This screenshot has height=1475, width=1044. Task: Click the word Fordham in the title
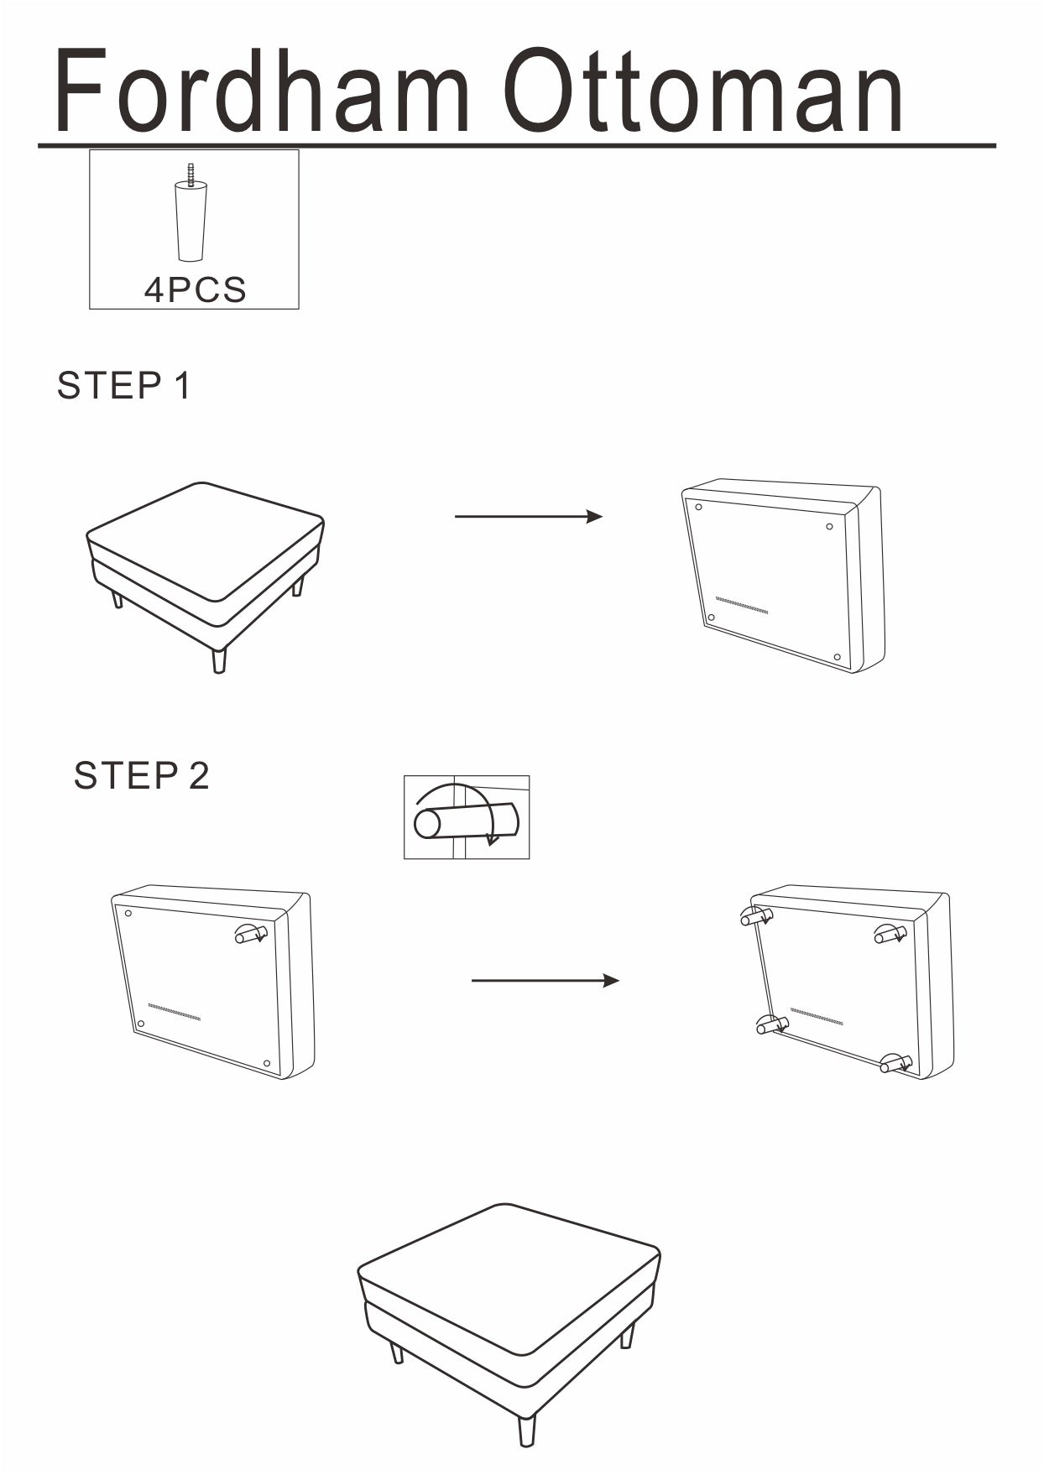[261, 91]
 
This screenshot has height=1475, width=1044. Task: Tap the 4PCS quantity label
[195, 289]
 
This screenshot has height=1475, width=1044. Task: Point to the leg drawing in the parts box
[191, 215]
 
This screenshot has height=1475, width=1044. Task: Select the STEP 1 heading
[124, 386]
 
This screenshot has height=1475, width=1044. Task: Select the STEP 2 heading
[141, 775]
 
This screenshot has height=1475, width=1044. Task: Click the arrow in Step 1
[528, 516]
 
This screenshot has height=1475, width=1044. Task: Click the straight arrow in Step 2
[545, 980]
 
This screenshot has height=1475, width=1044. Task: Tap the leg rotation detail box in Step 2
[467, 817]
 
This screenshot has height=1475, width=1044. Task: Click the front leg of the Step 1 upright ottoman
[219, 659]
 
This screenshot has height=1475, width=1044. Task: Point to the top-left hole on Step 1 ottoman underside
[698, 507]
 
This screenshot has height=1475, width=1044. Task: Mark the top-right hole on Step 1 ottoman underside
[829, 527]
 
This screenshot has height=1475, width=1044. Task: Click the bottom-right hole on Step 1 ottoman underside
[837, 657]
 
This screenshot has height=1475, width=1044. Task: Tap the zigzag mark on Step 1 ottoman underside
[741, 606]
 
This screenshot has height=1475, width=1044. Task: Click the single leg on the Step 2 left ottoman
[250, 934]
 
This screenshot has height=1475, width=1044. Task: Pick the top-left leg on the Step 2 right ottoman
[755, 917]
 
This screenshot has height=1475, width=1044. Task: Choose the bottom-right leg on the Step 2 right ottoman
[895, 1064]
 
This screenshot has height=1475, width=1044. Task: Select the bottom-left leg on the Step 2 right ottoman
[771, 1024]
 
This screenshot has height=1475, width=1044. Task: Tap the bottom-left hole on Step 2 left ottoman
[141, 1024]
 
